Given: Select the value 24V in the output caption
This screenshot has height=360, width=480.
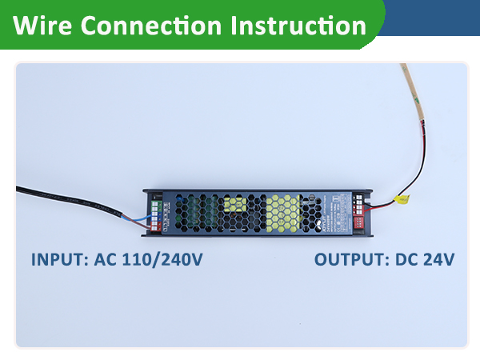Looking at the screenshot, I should (439, 260).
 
